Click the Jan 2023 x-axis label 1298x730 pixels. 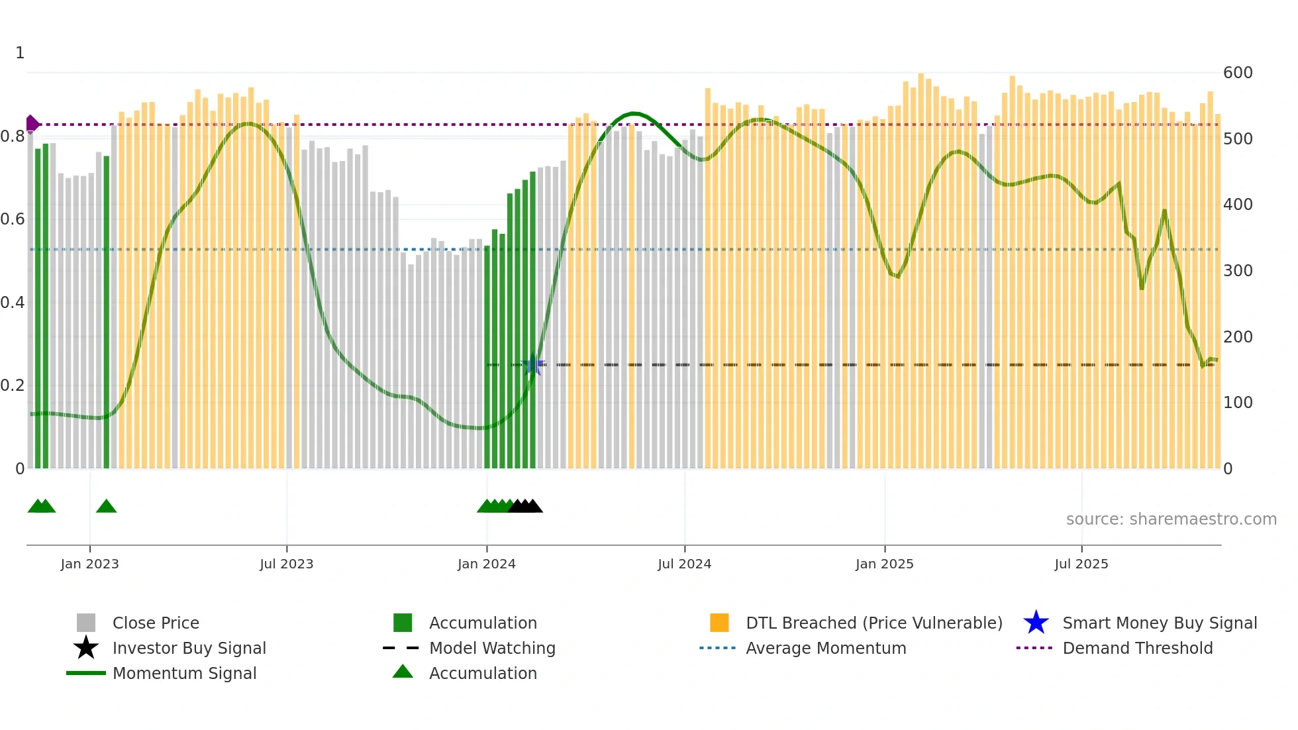89,564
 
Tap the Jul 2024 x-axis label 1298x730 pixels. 684,564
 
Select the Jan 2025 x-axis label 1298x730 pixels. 884,564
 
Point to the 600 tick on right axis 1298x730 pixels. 1237,73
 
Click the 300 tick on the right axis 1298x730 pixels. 1237,271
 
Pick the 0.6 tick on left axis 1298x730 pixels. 13,219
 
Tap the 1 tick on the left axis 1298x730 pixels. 20,53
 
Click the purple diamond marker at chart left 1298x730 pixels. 32,124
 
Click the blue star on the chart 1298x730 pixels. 532,364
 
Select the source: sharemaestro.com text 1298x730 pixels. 1171,519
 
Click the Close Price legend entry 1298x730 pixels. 156,623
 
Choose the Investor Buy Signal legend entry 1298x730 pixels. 189,648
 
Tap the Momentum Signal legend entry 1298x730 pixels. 184,673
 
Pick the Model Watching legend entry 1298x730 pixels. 492,648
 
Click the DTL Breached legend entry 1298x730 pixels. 874,623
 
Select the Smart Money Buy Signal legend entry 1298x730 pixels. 1159,623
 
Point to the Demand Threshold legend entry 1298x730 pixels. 1137,648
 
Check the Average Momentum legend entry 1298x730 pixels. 825,648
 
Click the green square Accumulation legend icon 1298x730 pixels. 403,623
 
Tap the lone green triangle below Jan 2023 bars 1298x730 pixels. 106,507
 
